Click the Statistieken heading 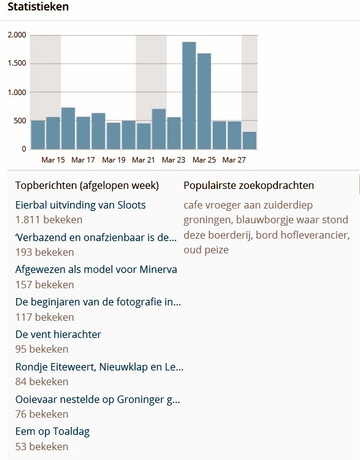click(38, 7)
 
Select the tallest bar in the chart click(189, 95)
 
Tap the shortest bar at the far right click(249, 140)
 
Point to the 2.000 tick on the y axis click(17, 35)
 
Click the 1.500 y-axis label click(17, 63)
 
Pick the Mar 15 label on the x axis click(53, 160)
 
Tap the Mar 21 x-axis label click(143, 160)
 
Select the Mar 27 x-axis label click(234, 160)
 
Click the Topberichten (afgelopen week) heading click(86, 185)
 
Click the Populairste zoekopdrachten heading click(248, 185)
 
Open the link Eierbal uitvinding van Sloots click(80, 205)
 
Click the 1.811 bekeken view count click(48, 220)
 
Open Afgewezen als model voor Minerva click(96, 269)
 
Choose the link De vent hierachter click(58, 334)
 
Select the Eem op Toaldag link click(52, 431)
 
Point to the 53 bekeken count click(42, 446)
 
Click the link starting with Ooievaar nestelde click(98, 399)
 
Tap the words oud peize click(206, 250)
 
